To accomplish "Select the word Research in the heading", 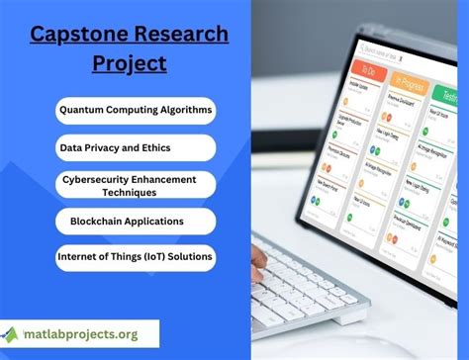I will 174,35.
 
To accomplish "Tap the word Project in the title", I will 129,63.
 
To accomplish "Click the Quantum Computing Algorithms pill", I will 135,109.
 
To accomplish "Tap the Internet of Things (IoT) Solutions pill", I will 135,258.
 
